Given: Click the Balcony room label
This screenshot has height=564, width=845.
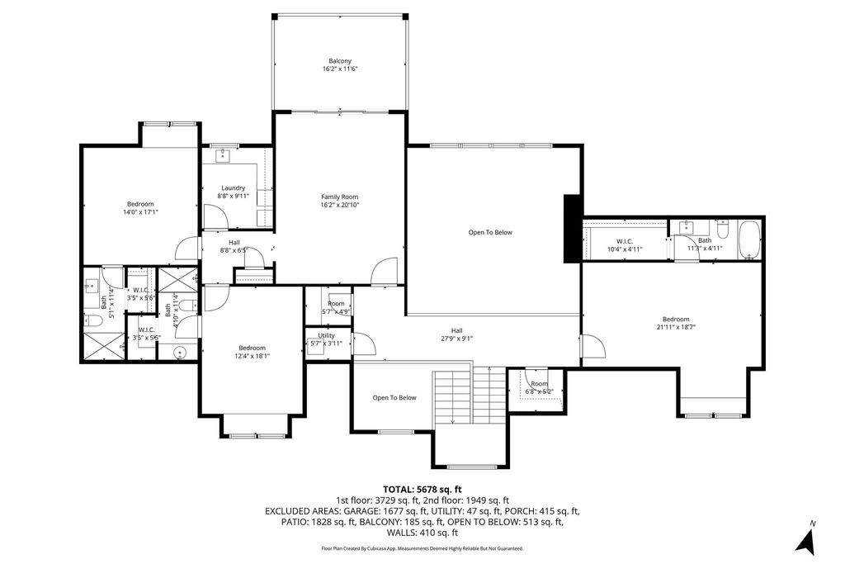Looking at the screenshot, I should click(340, 61).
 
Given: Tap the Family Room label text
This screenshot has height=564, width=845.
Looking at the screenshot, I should click(340, 197).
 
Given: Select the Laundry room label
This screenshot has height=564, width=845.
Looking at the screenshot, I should click(234, 188).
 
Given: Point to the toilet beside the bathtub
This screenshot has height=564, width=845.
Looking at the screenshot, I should click(723, 226).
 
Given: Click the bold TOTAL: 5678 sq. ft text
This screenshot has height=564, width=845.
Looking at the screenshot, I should click(422, 489).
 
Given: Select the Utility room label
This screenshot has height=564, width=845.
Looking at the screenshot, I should click(327, 335).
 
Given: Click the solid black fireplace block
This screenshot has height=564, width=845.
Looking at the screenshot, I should click(571, 229).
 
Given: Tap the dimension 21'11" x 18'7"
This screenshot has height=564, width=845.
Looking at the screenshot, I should click(675, 327).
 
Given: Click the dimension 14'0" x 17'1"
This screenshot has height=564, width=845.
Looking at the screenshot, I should click(139, 212).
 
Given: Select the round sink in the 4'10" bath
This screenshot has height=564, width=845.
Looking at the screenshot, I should click(182, 353).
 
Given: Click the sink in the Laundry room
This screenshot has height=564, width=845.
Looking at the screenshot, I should click(223, 155).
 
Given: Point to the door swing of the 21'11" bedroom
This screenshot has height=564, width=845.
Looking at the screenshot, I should click(591, 346).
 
